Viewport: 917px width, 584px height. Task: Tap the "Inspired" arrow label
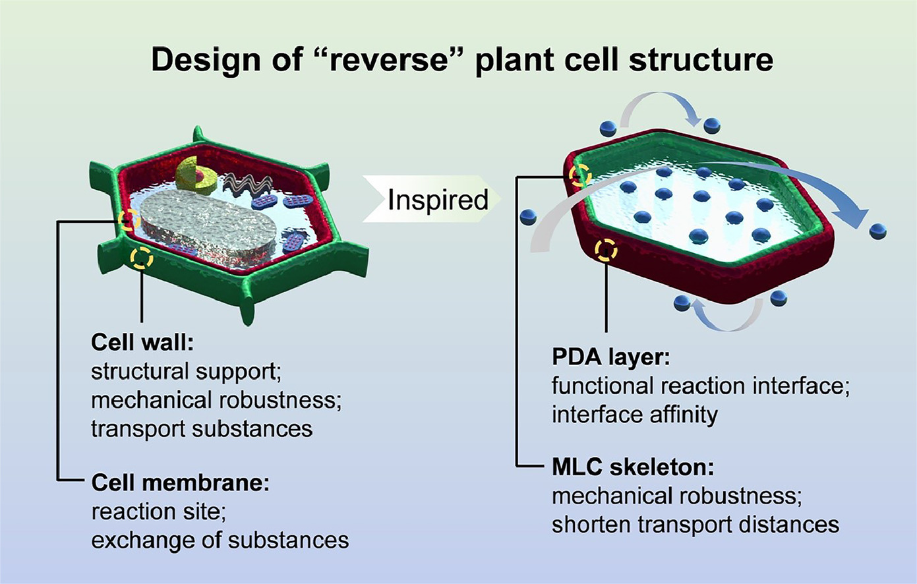[438, 200]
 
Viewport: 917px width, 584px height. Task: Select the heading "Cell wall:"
[142, 342]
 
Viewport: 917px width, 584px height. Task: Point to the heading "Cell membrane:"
[181, 483]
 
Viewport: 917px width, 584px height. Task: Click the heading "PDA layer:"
[611, 357]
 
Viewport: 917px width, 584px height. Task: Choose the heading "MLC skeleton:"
[633, 467]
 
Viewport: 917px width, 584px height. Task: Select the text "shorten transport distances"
[695, 524]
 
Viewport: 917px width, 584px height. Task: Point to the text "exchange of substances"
[220, 540]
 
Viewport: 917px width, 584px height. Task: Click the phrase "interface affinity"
[635, 414]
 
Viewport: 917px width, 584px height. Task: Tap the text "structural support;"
[187, 372]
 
